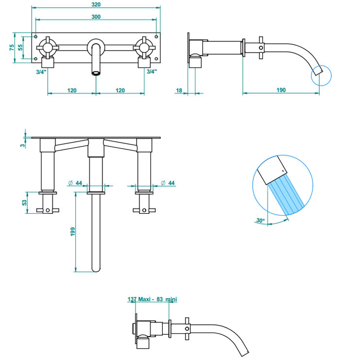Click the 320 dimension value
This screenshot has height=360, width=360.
[96, 4]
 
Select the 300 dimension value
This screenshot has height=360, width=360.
[96, 17]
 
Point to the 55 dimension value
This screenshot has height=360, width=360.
[20, 48]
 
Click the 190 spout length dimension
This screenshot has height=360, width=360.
[281, 90]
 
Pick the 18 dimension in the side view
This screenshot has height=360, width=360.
[179, 90]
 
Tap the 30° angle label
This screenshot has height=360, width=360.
[260, 221]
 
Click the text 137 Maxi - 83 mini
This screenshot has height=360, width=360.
[152, 300]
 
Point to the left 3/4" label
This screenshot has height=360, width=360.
[41, 71]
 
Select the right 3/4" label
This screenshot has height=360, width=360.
[152, 71]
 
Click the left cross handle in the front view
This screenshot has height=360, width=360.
[48, 48]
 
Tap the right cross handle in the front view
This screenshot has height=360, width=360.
[144, 48]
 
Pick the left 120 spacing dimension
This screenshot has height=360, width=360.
[72, 90]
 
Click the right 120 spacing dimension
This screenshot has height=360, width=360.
[120, 90]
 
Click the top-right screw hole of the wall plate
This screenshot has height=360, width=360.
[155, 36]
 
